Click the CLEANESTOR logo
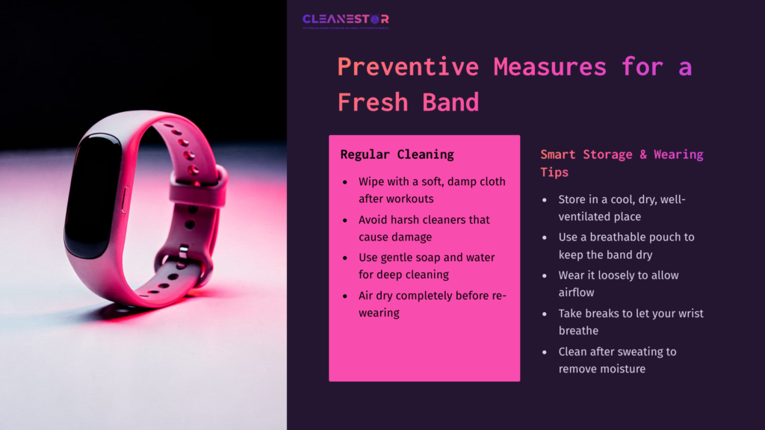(345, 19)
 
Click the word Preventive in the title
(408, 66)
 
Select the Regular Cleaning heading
(397, 155)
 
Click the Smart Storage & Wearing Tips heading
(622, 163)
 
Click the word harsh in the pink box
(412, 219)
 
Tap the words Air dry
(375, 296)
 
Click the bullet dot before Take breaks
(545, 314)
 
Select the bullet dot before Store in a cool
(545, 200)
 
